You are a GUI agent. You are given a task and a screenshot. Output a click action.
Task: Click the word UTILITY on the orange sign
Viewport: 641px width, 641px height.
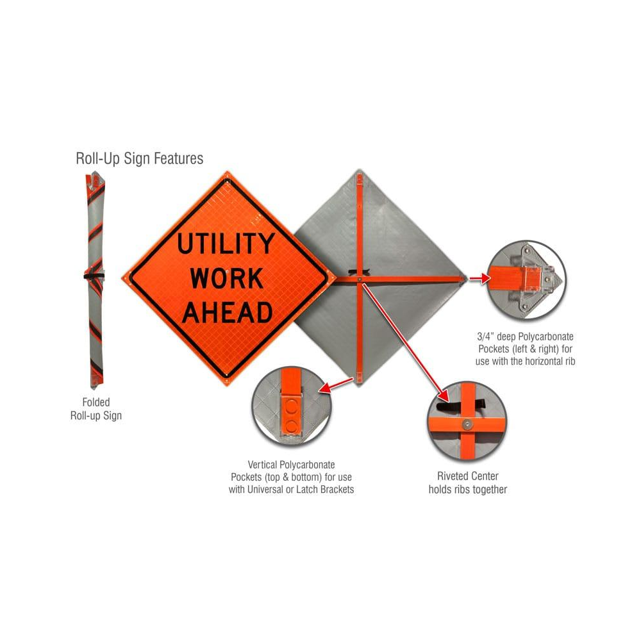[x=226, y=244]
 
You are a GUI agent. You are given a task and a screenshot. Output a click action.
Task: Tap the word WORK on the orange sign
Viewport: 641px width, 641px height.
[x=226, y=278]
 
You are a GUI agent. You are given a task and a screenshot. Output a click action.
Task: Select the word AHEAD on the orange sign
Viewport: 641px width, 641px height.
[x=227, y=313]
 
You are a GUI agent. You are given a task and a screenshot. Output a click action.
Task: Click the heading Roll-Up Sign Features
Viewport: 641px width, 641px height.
[x=139, y=158]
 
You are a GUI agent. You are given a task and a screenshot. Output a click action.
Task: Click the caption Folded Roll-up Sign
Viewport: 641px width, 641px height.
[x=96, y=409]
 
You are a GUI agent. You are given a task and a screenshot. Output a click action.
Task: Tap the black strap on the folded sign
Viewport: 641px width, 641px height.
[x=94, y=276]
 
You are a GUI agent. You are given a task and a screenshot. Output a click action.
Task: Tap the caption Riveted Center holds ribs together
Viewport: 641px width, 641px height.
[x=467, y=483]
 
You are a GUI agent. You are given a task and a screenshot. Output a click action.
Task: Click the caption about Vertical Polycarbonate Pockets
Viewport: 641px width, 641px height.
[x=291, y=476]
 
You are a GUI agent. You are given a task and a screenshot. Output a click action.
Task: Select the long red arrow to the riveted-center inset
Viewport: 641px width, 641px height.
[x=404, y=337]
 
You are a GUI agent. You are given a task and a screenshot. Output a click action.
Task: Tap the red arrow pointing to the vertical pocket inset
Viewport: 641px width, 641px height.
[x=335, y=386]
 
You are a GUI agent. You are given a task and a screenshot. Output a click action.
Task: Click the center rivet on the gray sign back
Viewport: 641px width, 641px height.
[x=361, y=279]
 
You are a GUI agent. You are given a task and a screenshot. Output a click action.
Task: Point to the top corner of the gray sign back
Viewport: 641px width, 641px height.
[x=360, y=172]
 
